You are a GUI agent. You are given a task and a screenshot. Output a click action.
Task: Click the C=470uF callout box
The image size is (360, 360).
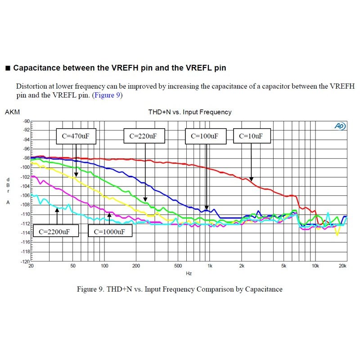[x=76, y=136]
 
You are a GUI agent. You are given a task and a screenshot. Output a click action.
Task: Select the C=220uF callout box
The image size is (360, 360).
[x=144, y=136]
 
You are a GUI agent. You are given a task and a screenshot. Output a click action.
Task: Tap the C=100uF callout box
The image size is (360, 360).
[x=205, y=136]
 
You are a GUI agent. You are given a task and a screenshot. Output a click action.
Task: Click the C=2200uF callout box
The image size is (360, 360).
[x=56, y=231]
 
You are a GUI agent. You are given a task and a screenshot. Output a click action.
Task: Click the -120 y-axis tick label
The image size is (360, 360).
[x=25, y=261]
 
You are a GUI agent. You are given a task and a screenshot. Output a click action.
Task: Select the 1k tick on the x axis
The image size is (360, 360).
[x=210, y=266]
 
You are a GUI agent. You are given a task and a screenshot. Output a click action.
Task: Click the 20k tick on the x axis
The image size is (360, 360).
[x=343, y=266]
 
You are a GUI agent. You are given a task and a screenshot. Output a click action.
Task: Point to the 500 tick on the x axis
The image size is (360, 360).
[x=178, y=266]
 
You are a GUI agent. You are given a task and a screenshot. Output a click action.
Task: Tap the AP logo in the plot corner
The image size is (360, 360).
[x=340, y=126]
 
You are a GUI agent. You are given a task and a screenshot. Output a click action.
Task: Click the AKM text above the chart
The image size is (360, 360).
[x=12, y=112]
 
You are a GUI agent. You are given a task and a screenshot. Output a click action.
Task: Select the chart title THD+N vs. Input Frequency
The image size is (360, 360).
[x=190, y=112]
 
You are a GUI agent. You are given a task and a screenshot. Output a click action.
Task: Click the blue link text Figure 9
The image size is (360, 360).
[x=107, y=95]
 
